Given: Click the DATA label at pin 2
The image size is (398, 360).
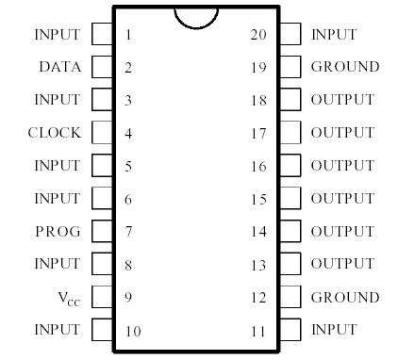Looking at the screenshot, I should (59, 67).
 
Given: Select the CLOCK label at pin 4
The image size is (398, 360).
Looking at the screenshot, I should (55, 133).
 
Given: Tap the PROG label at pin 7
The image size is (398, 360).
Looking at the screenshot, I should (58, 231).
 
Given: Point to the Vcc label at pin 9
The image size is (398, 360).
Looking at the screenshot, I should (66, 298).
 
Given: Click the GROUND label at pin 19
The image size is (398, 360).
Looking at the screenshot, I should (345, 67).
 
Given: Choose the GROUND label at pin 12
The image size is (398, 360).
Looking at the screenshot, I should (345, 298).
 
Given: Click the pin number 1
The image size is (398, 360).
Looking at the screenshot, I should (127, 35).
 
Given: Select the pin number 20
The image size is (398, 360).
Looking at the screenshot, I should (258, 35).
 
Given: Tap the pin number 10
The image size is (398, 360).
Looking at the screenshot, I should (131, 331).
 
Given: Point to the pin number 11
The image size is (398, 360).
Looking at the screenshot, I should (258, 331).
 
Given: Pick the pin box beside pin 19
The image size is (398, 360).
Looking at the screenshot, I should (290, 67).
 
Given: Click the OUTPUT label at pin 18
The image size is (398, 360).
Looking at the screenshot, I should (342, 100).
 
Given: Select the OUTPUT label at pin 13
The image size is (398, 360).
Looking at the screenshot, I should (342, 264).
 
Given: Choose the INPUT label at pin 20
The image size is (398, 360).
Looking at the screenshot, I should (334, 35).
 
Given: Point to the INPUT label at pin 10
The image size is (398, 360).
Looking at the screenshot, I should (57, 330).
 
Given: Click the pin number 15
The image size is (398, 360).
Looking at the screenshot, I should (258, 199).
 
